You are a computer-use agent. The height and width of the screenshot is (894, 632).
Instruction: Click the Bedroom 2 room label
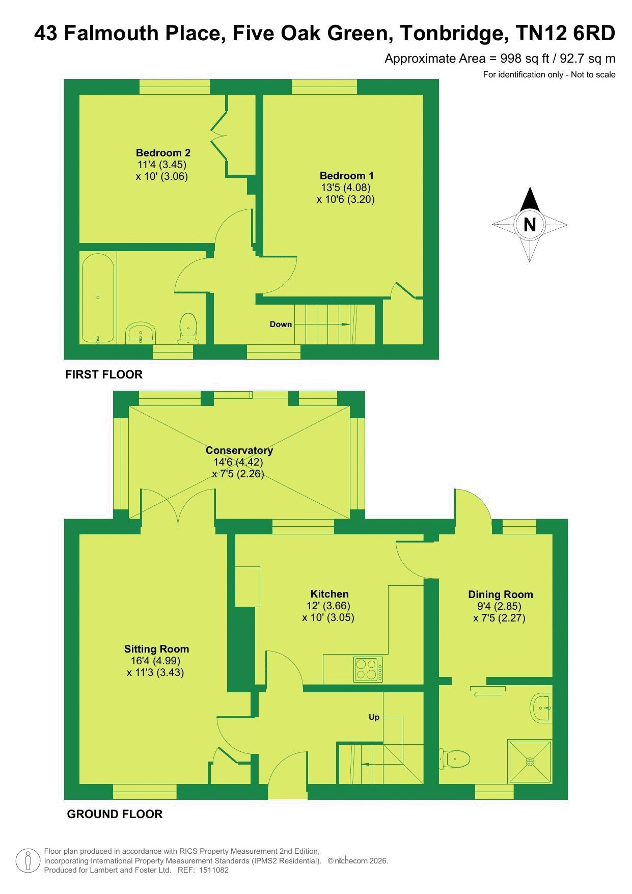(x=163, y=152)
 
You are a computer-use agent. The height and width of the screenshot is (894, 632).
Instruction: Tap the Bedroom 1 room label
(x=346, y=176)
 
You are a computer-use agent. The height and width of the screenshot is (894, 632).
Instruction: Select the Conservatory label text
(x=239, y=450)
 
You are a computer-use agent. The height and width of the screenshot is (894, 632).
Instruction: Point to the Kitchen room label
(x=329, y=594)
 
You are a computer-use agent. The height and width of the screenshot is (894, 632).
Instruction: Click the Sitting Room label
(x=156, y=649)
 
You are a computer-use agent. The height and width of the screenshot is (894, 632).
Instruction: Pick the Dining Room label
(x=500, y=594)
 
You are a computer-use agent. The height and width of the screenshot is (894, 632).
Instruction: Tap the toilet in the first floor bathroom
(x=188, y=328)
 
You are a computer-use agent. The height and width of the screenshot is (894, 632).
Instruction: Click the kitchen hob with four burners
(x=368, y=670)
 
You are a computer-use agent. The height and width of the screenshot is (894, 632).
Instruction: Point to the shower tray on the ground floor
(x=530, y=762)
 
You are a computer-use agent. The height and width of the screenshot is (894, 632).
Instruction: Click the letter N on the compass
(x=530, y=225)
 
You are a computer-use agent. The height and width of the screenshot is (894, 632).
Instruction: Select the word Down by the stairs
(x=281, y=324)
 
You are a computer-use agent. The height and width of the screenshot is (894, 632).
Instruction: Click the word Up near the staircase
(x=374, y=717)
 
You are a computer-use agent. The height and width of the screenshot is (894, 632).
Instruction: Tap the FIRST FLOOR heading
(x=104, y=374)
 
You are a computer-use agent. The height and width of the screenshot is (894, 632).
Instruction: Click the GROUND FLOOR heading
(x=115, y=814)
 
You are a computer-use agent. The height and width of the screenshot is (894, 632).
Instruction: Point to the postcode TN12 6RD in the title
(x=565, y=34)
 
